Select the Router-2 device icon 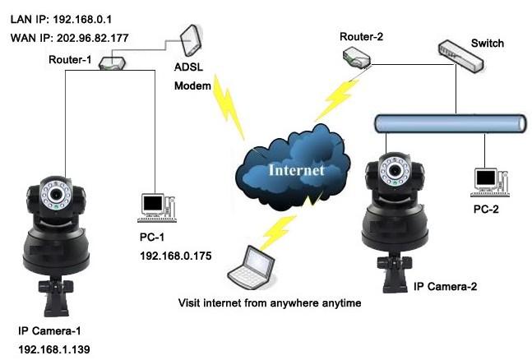point(358,54)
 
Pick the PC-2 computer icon point(486,178)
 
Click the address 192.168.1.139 point(54,349)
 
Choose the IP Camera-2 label point(445,287)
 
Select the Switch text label point(487,42)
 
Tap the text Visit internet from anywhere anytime point(271,302)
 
